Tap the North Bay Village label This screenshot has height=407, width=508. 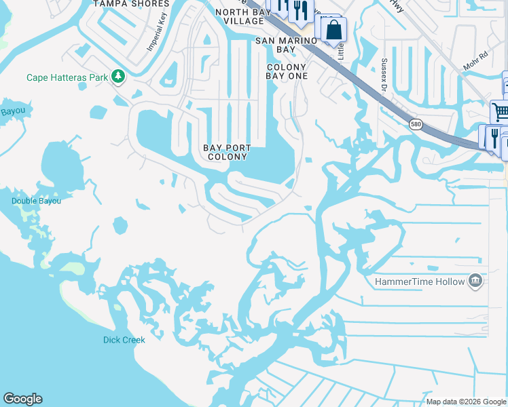239,16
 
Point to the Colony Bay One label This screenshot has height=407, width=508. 287,71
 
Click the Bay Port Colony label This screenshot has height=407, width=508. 227,152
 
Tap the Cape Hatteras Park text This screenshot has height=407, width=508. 67,77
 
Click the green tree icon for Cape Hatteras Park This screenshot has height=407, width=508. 119,76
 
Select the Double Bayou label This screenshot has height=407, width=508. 36,201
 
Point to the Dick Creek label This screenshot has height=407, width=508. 124,340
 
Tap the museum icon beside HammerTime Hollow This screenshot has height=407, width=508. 475,282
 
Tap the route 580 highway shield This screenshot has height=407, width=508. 415,124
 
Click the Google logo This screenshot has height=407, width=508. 22,399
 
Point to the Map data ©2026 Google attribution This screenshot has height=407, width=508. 466,402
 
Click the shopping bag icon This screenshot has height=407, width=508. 333,30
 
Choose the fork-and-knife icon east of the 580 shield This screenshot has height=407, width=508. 494,136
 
